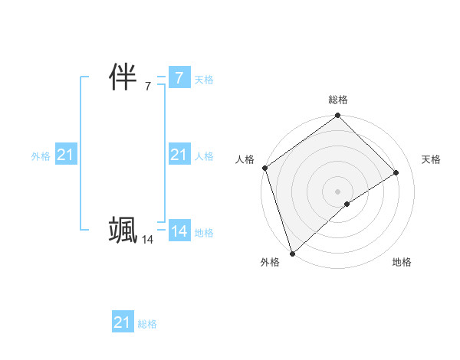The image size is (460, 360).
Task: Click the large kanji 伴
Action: click(x=123, y=78)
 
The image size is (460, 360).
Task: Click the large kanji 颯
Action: click(x=123, y=230)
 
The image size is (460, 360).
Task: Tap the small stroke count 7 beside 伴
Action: click(x=147, y=87)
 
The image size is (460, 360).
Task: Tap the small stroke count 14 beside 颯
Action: click(x=147, y=240)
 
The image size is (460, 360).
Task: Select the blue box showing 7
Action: click(x=179, y=78)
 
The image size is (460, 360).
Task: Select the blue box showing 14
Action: click(x=179, y=231)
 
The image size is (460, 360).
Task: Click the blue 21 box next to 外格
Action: click(x=65, y=155)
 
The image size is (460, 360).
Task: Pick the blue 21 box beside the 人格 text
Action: click(x=179, y=155)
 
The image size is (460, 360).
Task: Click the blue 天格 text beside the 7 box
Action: click(x=204, y=80)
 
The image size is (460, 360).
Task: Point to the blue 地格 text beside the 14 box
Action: click(x=204, y=233)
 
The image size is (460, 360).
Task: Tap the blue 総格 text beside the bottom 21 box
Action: click(x=147, y=324)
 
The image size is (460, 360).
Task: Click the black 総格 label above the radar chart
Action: click(x=337, y=100)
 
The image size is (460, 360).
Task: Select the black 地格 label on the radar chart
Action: click(x=402, y=263)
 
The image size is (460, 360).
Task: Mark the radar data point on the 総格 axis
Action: click(x=337, y=116)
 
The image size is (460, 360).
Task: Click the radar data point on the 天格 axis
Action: click(x=396, y=172)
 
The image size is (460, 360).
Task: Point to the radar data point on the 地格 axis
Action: click(x=347, y=204)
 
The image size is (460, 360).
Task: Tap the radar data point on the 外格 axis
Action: click(x=292, y=253)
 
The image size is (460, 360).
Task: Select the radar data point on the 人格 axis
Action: click(x=264, y=168)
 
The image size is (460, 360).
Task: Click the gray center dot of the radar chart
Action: click(x=337, y=191)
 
